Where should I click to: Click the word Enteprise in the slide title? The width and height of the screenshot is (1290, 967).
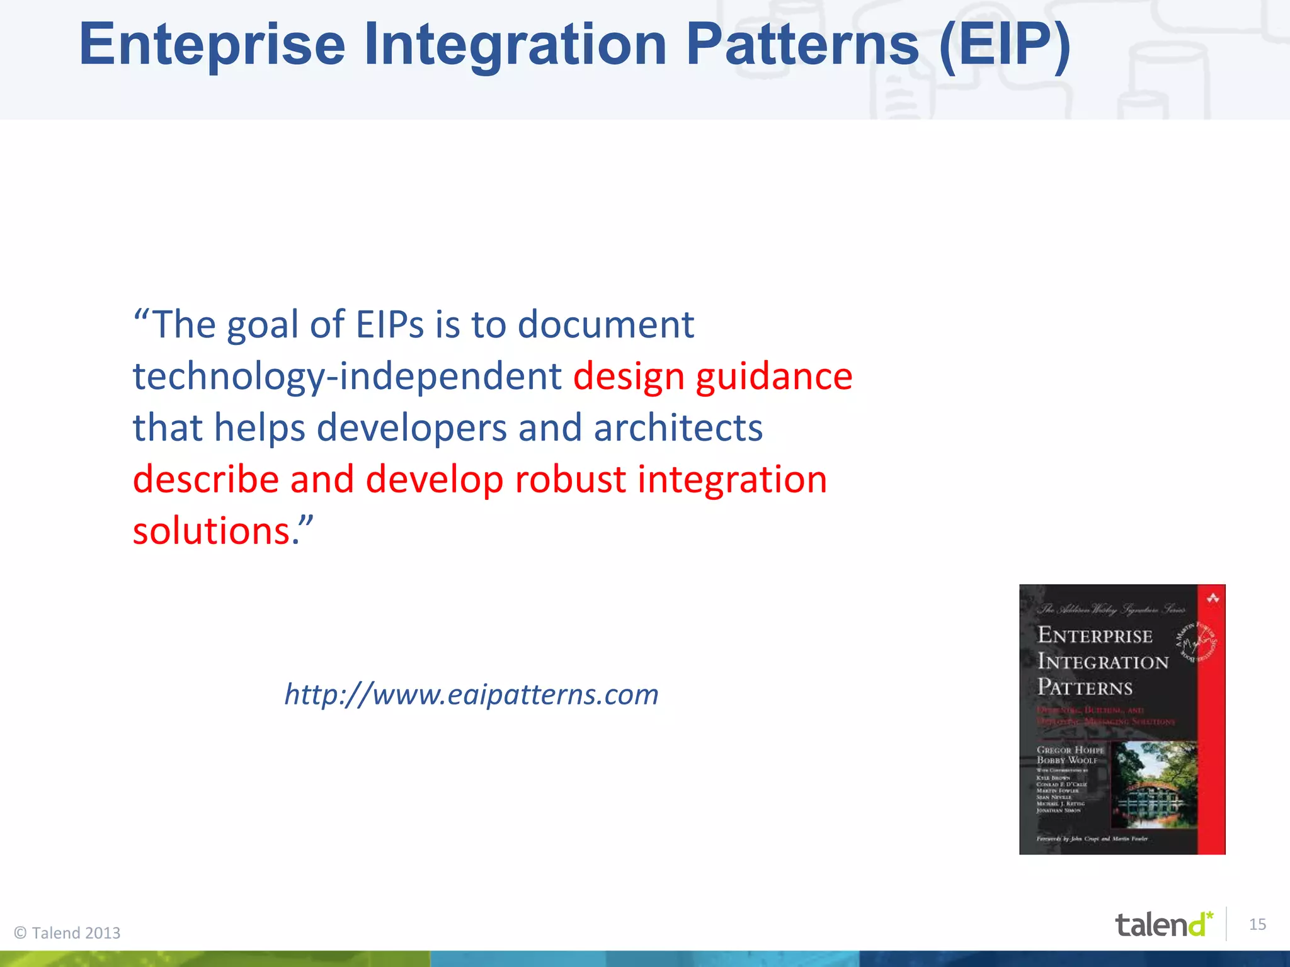tap(212, 45)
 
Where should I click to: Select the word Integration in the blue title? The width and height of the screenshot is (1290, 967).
tap(515, 45)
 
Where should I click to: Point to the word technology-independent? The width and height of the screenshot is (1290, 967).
tap(347, 376)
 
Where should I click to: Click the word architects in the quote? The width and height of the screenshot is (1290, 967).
tap(678, 428)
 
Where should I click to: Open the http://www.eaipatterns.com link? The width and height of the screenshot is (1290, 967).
tap(471, 694)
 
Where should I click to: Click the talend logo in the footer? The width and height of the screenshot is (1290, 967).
tap(1163, 924)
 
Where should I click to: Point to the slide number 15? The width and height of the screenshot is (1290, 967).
tap(1257, 924)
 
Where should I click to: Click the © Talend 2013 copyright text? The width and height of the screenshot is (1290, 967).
tap(67, 933)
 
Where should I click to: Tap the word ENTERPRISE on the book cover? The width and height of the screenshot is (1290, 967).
tap(1095, 635)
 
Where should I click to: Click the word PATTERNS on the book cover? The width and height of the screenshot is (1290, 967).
tap(1085, 687)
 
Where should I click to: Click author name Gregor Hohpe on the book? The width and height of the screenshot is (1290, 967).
tap(1070, 750)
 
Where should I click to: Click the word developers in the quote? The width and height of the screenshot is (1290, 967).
tap(411, 428)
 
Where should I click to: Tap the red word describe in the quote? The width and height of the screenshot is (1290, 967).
tap(206, 480)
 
